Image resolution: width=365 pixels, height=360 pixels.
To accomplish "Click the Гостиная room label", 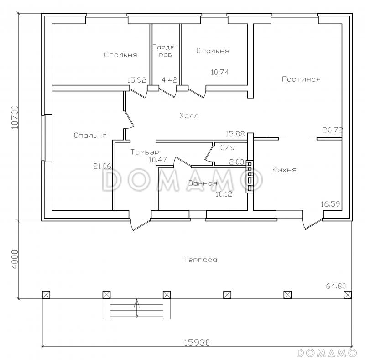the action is pos(301,79).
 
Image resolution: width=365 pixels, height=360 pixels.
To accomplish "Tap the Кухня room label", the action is pos(284,170).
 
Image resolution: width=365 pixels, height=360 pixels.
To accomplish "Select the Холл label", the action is pos(189,115).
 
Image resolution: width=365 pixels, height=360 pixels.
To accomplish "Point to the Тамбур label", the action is pos(145,152).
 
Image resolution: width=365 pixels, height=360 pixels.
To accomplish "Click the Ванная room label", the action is pos(203,183).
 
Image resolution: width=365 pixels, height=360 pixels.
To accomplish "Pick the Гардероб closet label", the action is pos(165,51).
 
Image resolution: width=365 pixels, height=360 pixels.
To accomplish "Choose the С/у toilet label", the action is pos(227,147).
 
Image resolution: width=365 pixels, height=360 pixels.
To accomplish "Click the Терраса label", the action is pos(200,260).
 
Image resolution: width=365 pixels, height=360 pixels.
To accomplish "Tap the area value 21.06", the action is pos(102,166).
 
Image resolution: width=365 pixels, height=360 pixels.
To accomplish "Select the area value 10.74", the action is pos(220,72).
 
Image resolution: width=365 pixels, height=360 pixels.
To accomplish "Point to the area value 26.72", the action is pos(333,130).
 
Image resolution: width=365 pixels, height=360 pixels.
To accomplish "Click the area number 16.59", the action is pos(330,204).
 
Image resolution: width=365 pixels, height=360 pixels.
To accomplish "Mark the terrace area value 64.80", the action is pos(336,286).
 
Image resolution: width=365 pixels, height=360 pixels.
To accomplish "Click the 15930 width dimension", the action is pos(197,343).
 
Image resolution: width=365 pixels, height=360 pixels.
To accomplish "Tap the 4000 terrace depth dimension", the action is pos(15,260).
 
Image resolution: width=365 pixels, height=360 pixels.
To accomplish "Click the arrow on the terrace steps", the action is pos(137,308).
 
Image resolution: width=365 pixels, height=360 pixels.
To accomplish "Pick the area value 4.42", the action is pos(169,80).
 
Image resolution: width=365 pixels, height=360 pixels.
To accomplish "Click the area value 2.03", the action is pos(237,162).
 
